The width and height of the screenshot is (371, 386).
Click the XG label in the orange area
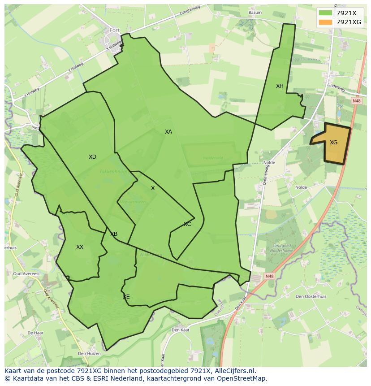click(333, 143)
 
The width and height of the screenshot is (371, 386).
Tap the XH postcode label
click(280, 86)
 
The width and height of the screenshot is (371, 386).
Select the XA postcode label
click(168, 132)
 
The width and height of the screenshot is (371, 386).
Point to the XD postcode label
click(92, 157)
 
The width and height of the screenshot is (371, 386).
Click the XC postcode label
click(187, 224)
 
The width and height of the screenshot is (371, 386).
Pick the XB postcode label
click(114, 234)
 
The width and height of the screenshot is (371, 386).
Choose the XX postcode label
click(80, 247)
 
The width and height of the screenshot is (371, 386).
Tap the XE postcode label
click(126, 297)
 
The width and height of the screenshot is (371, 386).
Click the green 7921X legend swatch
click(325, 13)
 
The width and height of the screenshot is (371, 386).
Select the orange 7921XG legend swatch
click(325, 22)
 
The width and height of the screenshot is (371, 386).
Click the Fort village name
click(115, 30)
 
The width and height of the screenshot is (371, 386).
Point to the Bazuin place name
click(255, 13)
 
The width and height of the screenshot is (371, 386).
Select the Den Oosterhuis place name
click(311, 296)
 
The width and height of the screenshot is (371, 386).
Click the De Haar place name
click(35, 333)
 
